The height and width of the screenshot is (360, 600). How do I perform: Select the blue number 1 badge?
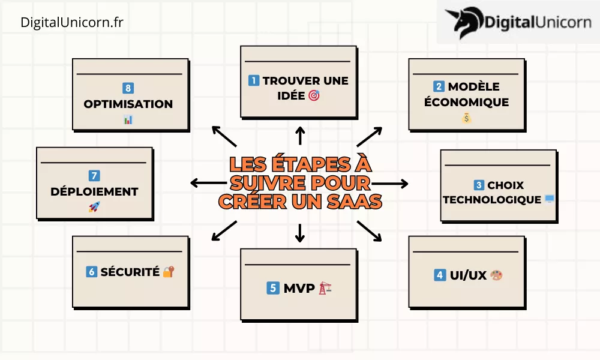click(x=254, y=80)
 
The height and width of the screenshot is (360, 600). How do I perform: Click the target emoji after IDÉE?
click(x=314, y=95)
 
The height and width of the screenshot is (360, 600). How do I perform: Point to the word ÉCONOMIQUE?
click(x=466, y=102)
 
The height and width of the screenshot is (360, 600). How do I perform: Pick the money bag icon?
click(x=467, y=118)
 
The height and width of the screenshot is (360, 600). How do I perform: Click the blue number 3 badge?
click(x=479, y=185)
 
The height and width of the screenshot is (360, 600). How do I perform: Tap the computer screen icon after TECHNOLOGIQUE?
click(x=550, y=199)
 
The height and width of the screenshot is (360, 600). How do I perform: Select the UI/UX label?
click(x=468, y=275)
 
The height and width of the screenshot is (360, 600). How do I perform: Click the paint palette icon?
click(x=496, y=275)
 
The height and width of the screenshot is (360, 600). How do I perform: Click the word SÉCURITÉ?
click(x=130, y=272)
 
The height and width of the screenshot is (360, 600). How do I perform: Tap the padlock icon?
click(x=168, y=272)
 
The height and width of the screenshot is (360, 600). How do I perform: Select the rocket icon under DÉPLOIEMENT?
click(x=94, y=207)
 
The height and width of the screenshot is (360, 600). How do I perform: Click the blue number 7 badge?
click(x=94, y=176)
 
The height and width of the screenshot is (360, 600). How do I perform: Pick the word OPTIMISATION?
click(x=128, y=104)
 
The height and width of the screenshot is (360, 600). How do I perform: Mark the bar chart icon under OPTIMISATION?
click(x=128, y=120)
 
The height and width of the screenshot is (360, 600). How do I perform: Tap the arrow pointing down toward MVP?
click(x=301, y=233)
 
